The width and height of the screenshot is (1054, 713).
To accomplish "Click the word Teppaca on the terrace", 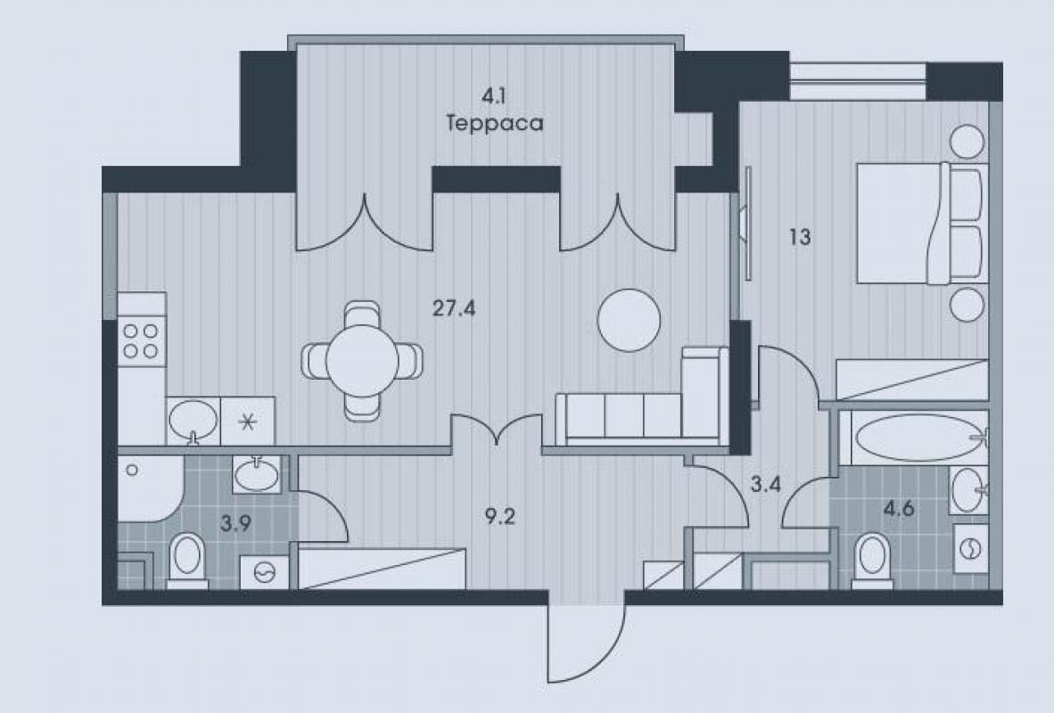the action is pyautogui.click(x=495, y=124).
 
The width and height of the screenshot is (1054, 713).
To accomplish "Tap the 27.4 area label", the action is pyautogui.click(x=454, y=308).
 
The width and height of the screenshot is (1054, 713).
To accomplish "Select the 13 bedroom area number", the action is pyautogui.click(x=800, y=237).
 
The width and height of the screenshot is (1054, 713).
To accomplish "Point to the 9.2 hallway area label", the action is pyautogui.click(x=499, y=517).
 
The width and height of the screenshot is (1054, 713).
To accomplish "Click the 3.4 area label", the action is pyautogui.click(x=766, y=484).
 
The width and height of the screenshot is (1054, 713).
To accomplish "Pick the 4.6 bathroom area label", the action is pyautogui.click(x=899, y=509).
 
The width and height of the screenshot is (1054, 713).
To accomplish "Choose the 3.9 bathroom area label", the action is pyautogui.click(x=236, y=523).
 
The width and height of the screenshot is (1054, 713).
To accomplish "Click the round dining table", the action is pyautogui.click(x=363, y=361).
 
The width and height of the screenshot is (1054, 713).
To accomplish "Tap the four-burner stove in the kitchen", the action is pyautogui.click(x=142, y=341).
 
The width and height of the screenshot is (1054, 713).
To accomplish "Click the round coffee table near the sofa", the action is pyautogui.click(x=630, y=320).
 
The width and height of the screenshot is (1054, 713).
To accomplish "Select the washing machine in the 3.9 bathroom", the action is pyautogui.click(x=265, y=572).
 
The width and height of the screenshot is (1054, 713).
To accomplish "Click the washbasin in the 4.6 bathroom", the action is pyautogui.click(x=968, y=490).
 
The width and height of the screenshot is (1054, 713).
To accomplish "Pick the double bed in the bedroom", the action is pyautogui.click(x=922, y=223).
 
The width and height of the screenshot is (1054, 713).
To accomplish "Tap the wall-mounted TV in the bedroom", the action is pyautogui.click(x=745, y=223).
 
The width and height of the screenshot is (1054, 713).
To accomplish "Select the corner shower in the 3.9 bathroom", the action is pyautogui.click(x=149, y=488).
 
